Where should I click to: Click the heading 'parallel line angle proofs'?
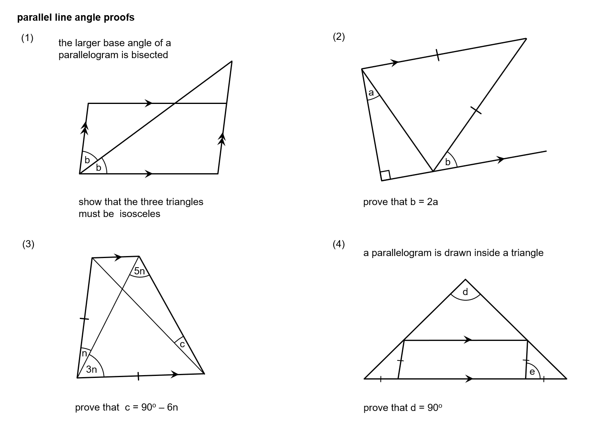coord(76,18)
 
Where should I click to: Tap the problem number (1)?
coord(27,38)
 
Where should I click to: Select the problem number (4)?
coord(338,244)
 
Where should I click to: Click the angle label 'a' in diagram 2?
coord(371,93)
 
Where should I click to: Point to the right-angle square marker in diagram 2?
coord(386,175)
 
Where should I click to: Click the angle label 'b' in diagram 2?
coord(448,162)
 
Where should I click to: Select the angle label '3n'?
coord(92,369)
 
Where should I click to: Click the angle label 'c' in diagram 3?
coord(182,344)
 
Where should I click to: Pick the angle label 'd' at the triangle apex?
coord(465,292)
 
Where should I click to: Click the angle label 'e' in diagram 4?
coord(532,372)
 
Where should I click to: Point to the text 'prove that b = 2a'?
coord(400,202)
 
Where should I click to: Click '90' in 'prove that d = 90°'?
coord(433,408)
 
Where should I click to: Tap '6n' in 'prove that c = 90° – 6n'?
coord(172,407)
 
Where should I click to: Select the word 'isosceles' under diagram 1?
coord(140,214)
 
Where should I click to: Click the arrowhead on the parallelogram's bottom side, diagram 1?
coord(149,174)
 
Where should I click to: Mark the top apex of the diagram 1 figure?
coord(232,61)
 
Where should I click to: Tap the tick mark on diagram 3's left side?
coord(84,319)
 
